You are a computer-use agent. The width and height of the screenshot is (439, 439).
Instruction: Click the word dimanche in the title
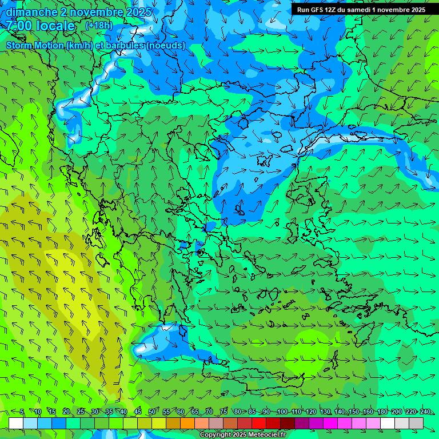[x=32, y=12]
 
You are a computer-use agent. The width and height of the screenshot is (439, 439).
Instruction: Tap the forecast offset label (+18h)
[x=99, y=25]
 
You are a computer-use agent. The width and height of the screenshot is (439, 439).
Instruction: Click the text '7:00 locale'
[x=41, y=26]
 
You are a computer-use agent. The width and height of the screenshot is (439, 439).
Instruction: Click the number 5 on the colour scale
[x=22, y=412]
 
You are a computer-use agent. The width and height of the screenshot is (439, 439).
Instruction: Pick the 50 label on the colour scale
[x=152, y=412]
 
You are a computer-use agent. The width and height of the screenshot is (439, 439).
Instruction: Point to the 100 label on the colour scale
[x=282, y=412]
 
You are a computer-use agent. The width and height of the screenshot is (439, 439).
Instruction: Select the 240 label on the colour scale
[x=425, y=412]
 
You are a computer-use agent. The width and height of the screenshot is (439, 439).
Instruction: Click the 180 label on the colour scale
[x=382, y=412]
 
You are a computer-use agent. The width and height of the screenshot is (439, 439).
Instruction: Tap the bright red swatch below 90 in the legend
[x=259, y=423]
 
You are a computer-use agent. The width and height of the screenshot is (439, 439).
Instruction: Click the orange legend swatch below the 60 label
[x=173, y=423]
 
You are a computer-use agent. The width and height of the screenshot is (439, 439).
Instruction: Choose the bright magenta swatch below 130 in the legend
[x=330, y=423]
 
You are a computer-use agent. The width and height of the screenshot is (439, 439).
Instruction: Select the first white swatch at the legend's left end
[x=16, y=423]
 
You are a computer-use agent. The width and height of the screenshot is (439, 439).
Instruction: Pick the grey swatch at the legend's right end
[x=416, y=423]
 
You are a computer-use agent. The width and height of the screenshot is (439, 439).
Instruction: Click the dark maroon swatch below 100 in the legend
[x=288, y=423]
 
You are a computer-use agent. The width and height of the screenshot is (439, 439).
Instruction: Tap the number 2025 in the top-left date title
[x=137, y=12]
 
